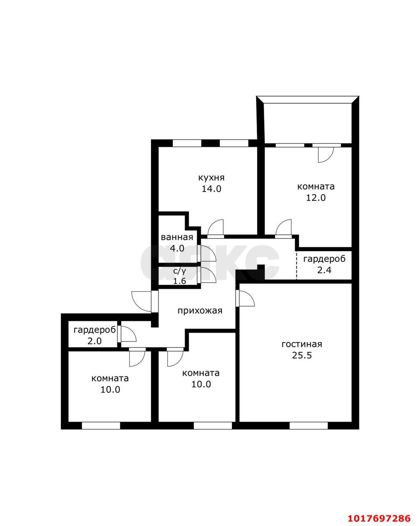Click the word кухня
click(x=211, y=178)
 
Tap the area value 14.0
click(x=211, y=189)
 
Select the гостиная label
click(x=302, y=344)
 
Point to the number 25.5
click(x=302, y=355)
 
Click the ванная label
click(x=177, y=237)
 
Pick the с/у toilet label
click(x=180, y=271)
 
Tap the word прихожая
click(x=200, y=311)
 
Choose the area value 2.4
click(x=324, y=270)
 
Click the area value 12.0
click(x=316, y=198)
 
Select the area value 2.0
click(x=94, y=341)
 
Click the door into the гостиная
click(x=247, y=298)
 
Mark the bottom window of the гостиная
click(x=308, y=426)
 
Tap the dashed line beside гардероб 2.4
click(x=297, y=265)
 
